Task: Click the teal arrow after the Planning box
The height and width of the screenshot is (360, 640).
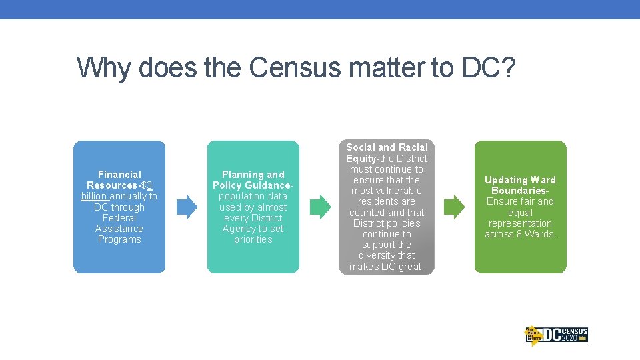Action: coord(320,207)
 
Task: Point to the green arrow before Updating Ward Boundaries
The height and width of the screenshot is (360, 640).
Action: coord(454,207)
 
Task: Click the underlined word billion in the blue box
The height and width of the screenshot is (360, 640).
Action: coord(95,196)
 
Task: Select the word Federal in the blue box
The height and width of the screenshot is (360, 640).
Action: coord(119,218)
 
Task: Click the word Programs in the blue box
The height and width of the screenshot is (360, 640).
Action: coord(119,239)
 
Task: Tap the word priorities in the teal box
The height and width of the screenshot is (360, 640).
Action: coord(253,239)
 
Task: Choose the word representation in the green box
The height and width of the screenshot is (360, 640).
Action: coord(520,223)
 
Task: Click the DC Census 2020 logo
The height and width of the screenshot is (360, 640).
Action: coord(556,335)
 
